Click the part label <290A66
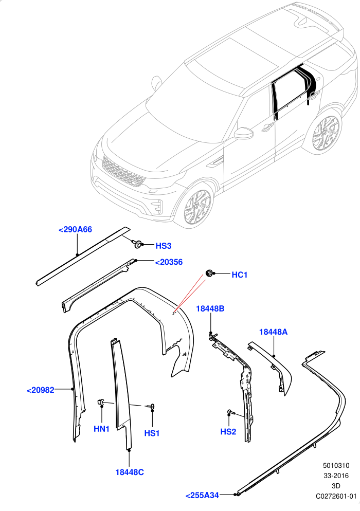75,229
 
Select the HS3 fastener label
164,246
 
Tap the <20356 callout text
169,262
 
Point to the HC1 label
239,275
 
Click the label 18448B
210,308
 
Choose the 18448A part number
273,332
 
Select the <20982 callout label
41,390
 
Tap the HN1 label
101,429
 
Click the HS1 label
152,433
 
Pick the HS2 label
228,431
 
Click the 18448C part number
130,472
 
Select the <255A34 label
202,496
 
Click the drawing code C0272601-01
336,496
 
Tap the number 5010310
336,465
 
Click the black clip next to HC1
209,273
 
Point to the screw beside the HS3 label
138,244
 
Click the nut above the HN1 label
100,403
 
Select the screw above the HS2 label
231,412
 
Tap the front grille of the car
123,171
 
